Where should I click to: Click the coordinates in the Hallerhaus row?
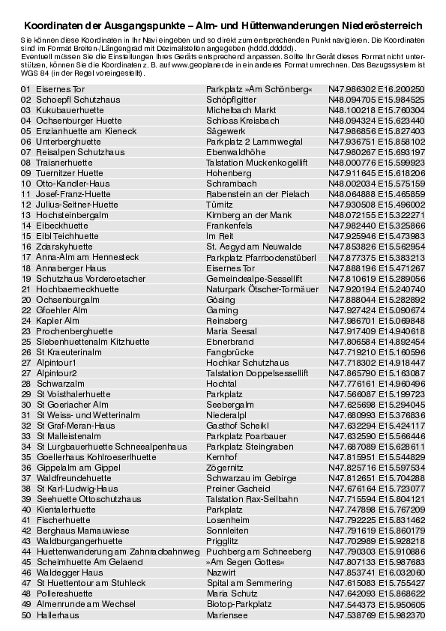pos(376,615)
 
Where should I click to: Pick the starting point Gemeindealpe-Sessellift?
pos(254,278)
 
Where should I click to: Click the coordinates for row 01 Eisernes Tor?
pos(376,88)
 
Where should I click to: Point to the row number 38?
pos(25,489)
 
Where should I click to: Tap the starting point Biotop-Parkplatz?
pos(239,604)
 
